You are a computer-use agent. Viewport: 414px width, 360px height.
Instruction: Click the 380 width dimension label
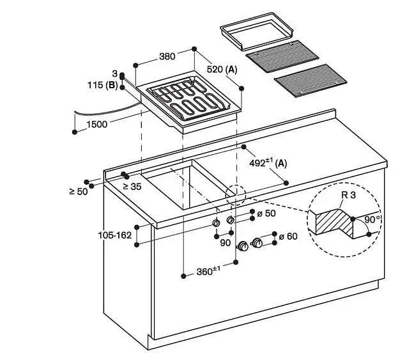(167, 56)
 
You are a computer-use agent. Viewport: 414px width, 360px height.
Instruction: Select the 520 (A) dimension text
(222, 70)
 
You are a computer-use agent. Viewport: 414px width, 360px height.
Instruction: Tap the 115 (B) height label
(103, 85)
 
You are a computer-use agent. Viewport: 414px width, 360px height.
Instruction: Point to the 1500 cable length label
(97, 124)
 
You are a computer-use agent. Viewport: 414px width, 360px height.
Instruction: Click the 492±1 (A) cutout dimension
(268, 163)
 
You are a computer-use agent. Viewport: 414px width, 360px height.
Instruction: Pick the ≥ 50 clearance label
(79, 192)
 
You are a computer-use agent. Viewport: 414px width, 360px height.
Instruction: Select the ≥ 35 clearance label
(132, 187)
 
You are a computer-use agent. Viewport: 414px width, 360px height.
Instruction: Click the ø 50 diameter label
(266, 214)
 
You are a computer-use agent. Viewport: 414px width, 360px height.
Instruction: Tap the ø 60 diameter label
(288, 237)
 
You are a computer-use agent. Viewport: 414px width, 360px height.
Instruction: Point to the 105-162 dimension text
(114, 235)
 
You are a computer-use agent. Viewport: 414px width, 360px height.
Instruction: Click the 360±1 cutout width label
(208, 271)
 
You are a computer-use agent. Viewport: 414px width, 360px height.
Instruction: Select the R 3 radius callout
(349, 195)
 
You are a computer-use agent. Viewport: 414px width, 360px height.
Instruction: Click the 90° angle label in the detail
(373, 219)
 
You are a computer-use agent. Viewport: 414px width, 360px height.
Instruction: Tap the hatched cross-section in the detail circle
(335, 222)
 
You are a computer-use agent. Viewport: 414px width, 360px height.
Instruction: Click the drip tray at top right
(257, 31)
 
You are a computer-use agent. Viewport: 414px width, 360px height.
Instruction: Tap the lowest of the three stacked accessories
(310, 81)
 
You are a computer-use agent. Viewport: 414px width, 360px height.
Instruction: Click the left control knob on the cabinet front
(243, 246)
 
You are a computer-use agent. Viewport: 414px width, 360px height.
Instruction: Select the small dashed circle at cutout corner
(235, 194)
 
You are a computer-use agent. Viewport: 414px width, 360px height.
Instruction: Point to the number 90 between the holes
(226, 243)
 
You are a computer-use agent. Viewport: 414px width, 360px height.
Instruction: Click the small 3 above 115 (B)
(114, 74)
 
